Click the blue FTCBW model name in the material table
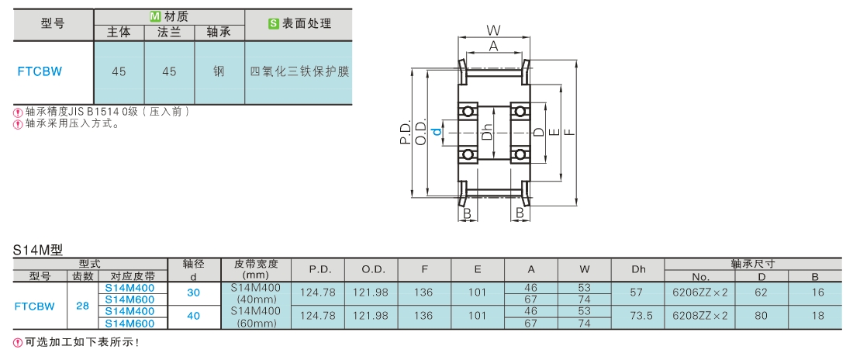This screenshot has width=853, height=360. point(40,72)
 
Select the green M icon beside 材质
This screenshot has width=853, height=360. point(154,17)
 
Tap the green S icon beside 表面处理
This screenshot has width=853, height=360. point(274,23)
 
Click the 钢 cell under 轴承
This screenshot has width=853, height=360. point(219,71)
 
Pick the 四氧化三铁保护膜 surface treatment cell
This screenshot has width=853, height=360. point(299,72)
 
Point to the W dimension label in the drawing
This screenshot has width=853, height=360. point(493,29)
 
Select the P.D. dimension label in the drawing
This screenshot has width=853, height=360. point(406,134)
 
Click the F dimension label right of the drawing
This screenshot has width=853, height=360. point(568,132)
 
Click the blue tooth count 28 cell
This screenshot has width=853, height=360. point(82,306)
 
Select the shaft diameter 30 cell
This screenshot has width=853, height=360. point(193,293)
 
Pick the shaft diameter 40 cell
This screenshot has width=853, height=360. point(193,316)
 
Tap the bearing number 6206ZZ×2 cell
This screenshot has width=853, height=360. point(700,292)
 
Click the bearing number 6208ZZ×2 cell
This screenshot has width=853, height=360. point(700,315)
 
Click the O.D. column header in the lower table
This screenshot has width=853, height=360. point(371,269)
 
